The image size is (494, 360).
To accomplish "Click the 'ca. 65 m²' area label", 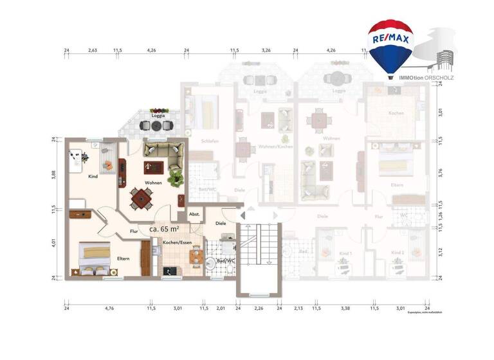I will pos(164,228).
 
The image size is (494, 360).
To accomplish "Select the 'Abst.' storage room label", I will pos(194,214).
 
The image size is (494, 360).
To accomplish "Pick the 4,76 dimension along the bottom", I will pos(109,309).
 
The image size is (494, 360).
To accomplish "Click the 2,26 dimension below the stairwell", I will pos(259,309).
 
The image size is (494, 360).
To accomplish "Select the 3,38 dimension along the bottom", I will pos(345,309).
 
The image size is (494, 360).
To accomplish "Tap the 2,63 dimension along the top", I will pos(93,50).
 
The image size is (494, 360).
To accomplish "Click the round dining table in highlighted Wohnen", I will pos(142,199).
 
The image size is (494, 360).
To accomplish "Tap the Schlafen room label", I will pos(209,141).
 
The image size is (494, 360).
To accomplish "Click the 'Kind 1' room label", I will pos(345,253).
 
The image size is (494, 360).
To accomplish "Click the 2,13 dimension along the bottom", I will pos(298,309).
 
